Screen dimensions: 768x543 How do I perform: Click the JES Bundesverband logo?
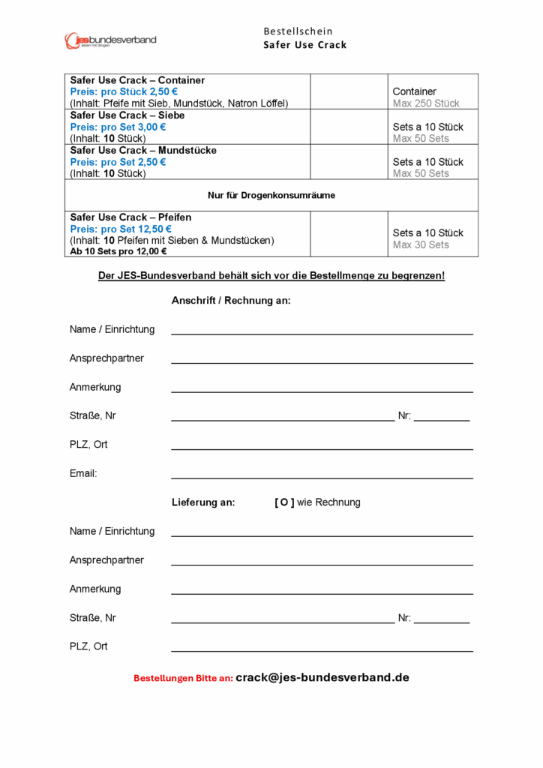click(x=110, y=40)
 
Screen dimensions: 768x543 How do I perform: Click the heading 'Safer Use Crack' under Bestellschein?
click(x=304, y=45)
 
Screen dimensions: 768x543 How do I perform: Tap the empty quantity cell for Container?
click(x=348, y=91)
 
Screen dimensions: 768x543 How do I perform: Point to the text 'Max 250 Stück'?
click(x=426, y=103)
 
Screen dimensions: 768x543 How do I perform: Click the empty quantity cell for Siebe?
click(x=348, y=127)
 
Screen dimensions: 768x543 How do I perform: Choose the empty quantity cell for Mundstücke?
click(x=348, y=162)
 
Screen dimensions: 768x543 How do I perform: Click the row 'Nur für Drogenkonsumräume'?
click(x=271, y=195)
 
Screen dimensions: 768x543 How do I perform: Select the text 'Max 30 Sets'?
click(x=421, y=245)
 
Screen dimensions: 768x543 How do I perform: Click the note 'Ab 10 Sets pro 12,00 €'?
click(x=118, y=252)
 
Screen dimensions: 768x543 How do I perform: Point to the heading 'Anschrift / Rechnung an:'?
click(x=231, y=301)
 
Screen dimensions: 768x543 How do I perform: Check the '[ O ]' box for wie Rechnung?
click(x=284, y=502)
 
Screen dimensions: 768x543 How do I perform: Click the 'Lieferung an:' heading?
click(x=203, y=502)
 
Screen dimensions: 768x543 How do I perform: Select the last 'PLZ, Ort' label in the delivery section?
click(x=88, y=646)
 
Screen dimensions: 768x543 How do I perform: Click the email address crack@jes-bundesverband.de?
click(x=322, y=677)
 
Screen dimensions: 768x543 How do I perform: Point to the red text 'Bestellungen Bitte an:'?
click(x=183, y=678)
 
